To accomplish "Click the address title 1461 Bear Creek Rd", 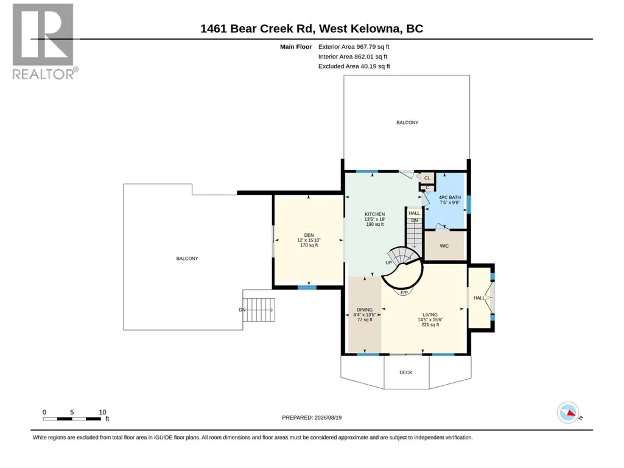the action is tap(258, 29).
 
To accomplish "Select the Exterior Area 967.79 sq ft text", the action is tap(354, 47).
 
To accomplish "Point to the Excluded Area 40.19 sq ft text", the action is tap(354, 66).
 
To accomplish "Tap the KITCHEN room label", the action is tap(375, 214).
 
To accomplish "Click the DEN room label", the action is tap(309, 235).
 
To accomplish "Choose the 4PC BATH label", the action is tap(450, 197).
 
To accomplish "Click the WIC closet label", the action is tap(444, 246).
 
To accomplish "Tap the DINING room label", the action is tap(365, 310).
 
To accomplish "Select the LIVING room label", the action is tap(430, 315).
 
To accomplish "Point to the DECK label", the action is tap(406, 372).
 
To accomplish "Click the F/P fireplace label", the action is tap(404, 293).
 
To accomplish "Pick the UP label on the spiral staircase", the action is tap(389, 263).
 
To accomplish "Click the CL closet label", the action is tap(427, 178).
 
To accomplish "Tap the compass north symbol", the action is tap(568, 413).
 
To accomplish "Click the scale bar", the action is tap(72, 419).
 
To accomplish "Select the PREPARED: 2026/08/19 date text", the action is tap(312, 417).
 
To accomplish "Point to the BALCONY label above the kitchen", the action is tap(407, 122).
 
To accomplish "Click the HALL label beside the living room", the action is tap(479, 298).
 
